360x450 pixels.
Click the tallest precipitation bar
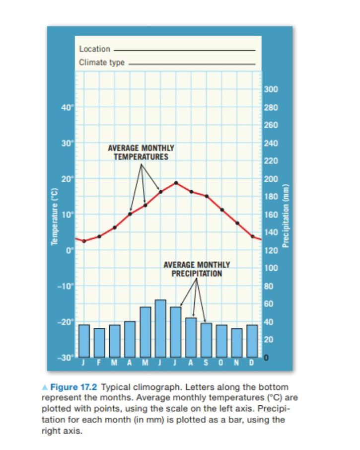[160, 328]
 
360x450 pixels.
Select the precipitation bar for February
[99, 343]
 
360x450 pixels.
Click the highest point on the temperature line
[176, 183]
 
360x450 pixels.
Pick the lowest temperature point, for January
[84, 241]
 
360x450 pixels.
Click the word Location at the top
[94, 49]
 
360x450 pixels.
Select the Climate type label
[102, 63]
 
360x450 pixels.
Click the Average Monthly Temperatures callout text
[141, 152]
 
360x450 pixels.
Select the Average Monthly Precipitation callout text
[197, 269]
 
